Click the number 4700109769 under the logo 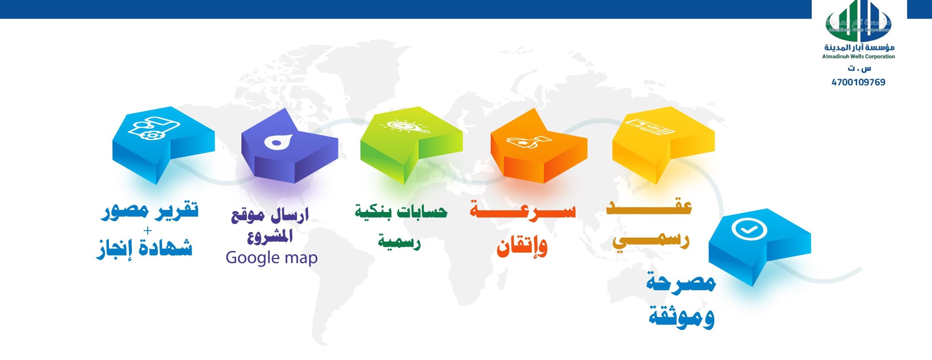[x=858, y=82]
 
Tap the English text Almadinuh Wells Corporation [x=859, y=57]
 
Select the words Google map [x=272, y=258]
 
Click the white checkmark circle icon [x=749, y=230]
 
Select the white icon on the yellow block [x=649, y=126]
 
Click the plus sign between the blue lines [x=148, y=230]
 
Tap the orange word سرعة [x=523, y=210]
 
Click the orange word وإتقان [x=522, y=246]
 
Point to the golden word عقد [x=649, y=206]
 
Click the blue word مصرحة [x=681, y=282]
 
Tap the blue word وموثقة [x=682, y=316]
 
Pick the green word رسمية [x=399, y=241]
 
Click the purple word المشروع [x=270, y=236]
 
